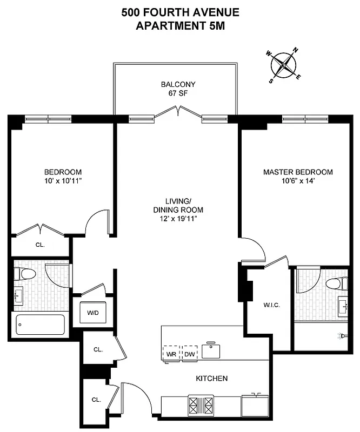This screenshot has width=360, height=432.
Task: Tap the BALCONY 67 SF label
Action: (178, 89)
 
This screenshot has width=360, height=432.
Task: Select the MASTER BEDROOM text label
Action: (298, 172)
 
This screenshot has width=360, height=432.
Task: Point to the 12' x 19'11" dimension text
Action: (177, 218)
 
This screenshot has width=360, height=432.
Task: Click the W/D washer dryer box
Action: (94, 313)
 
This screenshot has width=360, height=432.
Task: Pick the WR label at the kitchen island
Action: (171, 354)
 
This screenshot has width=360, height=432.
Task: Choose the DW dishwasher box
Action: (190, 354)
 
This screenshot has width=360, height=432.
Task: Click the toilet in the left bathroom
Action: (25, 273)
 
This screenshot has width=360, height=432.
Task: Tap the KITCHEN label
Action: (211, 379)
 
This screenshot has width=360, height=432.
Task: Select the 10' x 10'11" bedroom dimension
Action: (63, 181)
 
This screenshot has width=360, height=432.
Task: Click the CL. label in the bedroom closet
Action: (39, 245)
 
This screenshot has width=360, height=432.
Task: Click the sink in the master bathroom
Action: (343, 306)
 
